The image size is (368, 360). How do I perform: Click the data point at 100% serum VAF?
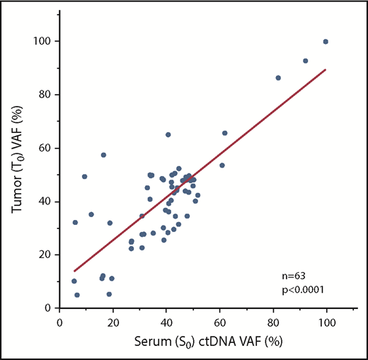[x=326, y=42]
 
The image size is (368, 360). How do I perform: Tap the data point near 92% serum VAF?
[x=306, y=61]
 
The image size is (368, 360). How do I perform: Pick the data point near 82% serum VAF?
[x=278, y=78]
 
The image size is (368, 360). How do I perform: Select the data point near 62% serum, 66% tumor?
[x=225, y=133]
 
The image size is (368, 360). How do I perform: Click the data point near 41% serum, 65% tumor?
[x=168, y=134]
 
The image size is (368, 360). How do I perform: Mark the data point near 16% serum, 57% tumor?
[x=103, y=155]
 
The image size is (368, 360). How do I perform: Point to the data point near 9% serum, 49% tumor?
[x=85, y=177]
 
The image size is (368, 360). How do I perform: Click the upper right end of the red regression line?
[x=325, y=69]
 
